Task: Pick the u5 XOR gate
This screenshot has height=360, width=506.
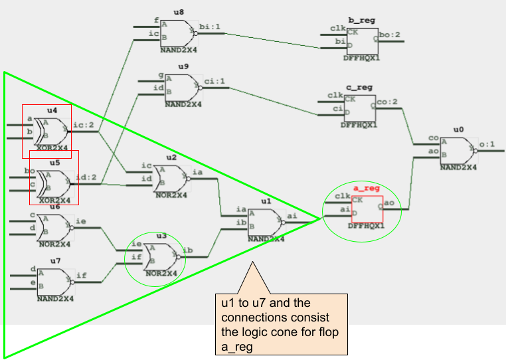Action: point(54,180)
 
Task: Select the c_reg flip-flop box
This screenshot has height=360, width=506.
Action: point(359,106)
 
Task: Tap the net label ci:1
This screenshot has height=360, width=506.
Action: point(215,82)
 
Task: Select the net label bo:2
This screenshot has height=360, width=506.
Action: point(390,34)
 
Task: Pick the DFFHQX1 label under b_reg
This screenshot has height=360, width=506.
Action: point(361,58)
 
